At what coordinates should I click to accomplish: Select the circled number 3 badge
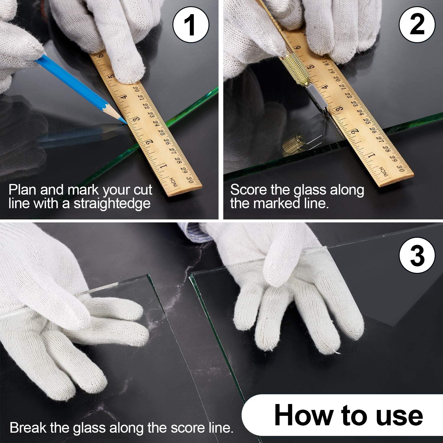click(417, 255)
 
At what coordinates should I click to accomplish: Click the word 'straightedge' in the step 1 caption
click(112, 204)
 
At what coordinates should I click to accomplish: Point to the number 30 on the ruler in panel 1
click(191, 179)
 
